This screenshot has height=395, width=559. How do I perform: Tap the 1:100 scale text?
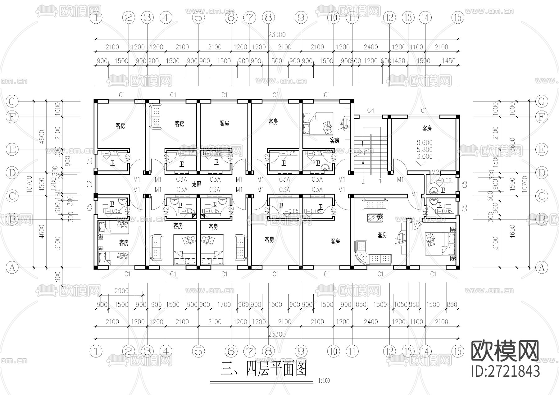[324, 381]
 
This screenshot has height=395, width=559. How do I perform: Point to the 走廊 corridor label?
[197, 184]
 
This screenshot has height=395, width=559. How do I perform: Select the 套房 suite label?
[382, 235]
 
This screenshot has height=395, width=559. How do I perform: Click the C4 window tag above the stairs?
[370, 110]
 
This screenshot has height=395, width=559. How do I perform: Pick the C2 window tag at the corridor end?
[90, 184]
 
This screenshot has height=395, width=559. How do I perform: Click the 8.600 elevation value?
[425, 143]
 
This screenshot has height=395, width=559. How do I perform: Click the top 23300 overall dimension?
[277, 35]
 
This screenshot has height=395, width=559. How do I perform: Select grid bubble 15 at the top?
[457, 18]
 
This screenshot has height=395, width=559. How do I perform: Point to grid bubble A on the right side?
[542, 267]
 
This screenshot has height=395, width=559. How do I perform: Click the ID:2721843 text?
[505, 371]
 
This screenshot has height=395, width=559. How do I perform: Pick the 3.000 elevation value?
[425, 157]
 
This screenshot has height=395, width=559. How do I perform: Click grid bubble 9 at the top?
[301, 18]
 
